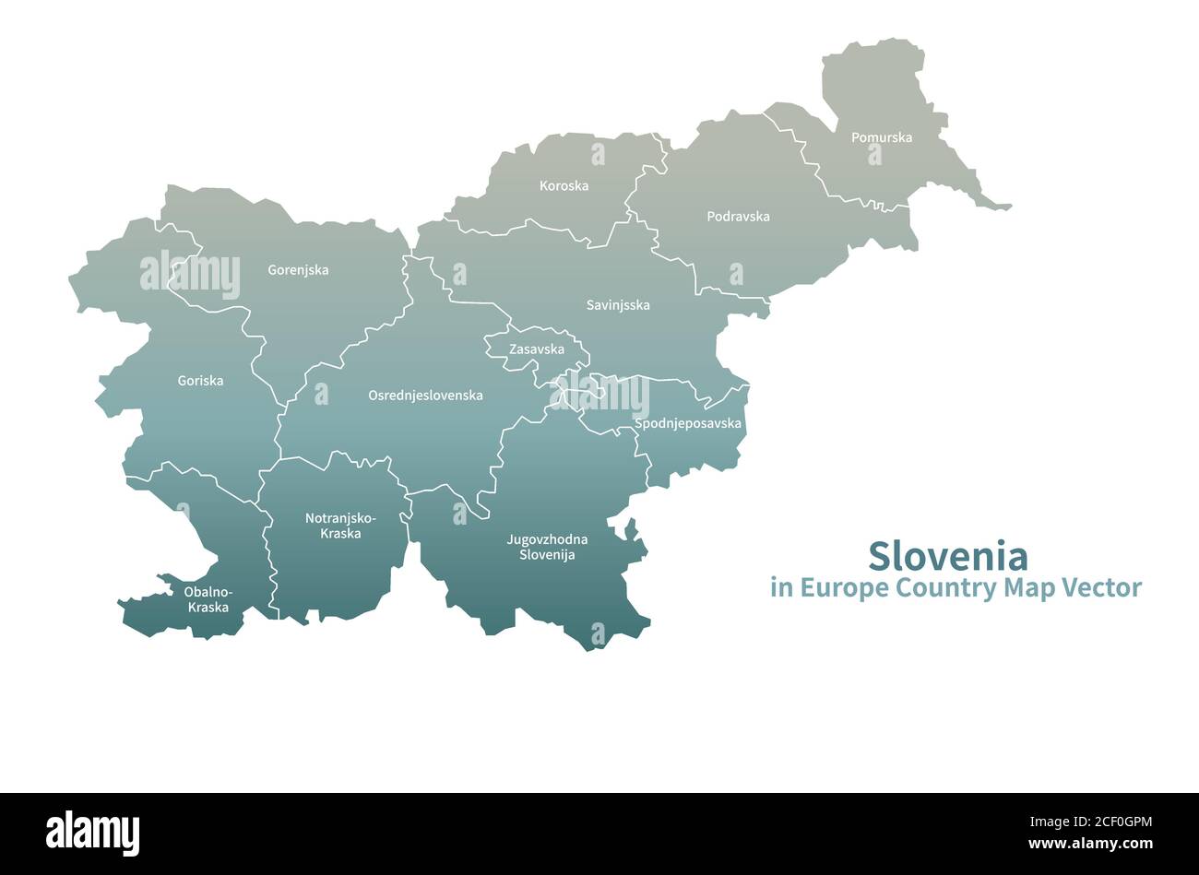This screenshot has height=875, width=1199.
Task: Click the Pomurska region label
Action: point(881,137)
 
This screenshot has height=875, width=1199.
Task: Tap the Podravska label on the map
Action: point(738,217)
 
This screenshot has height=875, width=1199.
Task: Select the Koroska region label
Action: point(564,185)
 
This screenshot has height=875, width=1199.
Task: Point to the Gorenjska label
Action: point(298,270)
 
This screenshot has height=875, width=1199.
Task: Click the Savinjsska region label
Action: point(618,305)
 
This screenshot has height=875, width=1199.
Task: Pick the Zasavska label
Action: point(537,349)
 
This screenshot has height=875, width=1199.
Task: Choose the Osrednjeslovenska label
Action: point(425,395)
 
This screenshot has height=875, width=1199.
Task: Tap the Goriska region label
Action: point(200,380)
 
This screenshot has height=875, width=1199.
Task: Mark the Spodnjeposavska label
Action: point(688,424)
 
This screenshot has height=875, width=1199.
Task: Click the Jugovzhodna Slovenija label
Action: point(547,547)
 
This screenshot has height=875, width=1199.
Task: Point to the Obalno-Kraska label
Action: point(208,599)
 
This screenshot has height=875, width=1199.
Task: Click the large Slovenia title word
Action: point(947,556)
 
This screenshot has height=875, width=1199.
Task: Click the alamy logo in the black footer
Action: point(92,833)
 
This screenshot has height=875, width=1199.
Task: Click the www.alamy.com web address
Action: point(1090,844)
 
